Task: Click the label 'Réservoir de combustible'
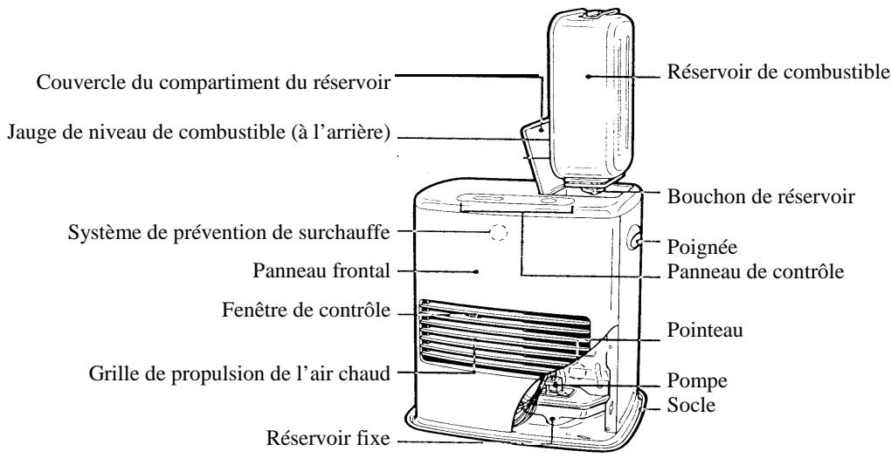click(x=773, y=76)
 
